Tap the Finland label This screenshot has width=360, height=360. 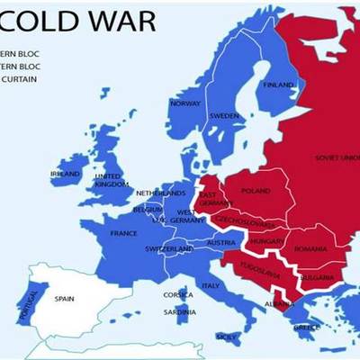pyautogui.click(x=278, y=85)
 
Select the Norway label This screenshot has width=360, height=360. pyautogui.click(x=184, y=103)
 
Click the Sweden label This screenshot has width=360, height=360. pyautogui.click(x=223, y=116)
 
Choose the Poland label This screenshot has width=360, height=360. pyautogui.click(x=256, y=191)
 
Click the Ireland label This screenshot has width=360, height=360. pyautogui.click(x=66, y=174)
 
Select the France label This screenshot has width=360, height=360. pyautogui.click(x=123, y=233)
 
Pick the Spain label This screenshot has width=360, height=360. pyautogui.click(x=64, y=298)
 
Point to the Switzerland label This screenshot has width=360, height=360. pyautogui.click(x=169, y=248)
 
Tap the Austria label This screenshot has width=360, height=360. pyautogui.click(x=220, y=243)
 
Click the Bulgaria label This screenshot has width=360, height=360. pyautogui.click(x=318, y=276)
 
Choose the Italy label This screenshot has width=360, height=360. pyautogui.click(x=210, y=285)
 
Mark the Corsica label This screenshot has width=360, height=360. pyautogui.click(x=178, y=294)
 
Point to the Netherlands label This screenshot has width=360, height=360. pyautogui.click(x=161, y=193)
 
